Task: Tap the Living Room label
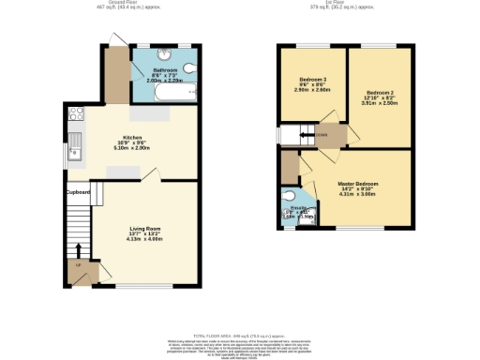tap(145, 229)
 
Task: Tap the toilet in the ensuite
tap(289, 197)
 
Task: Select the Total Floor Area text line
tap(239, 334)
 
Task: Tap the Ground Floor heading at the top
tap(118, 4)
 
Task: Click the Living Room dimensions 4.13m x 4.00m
tap(145, 240)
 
